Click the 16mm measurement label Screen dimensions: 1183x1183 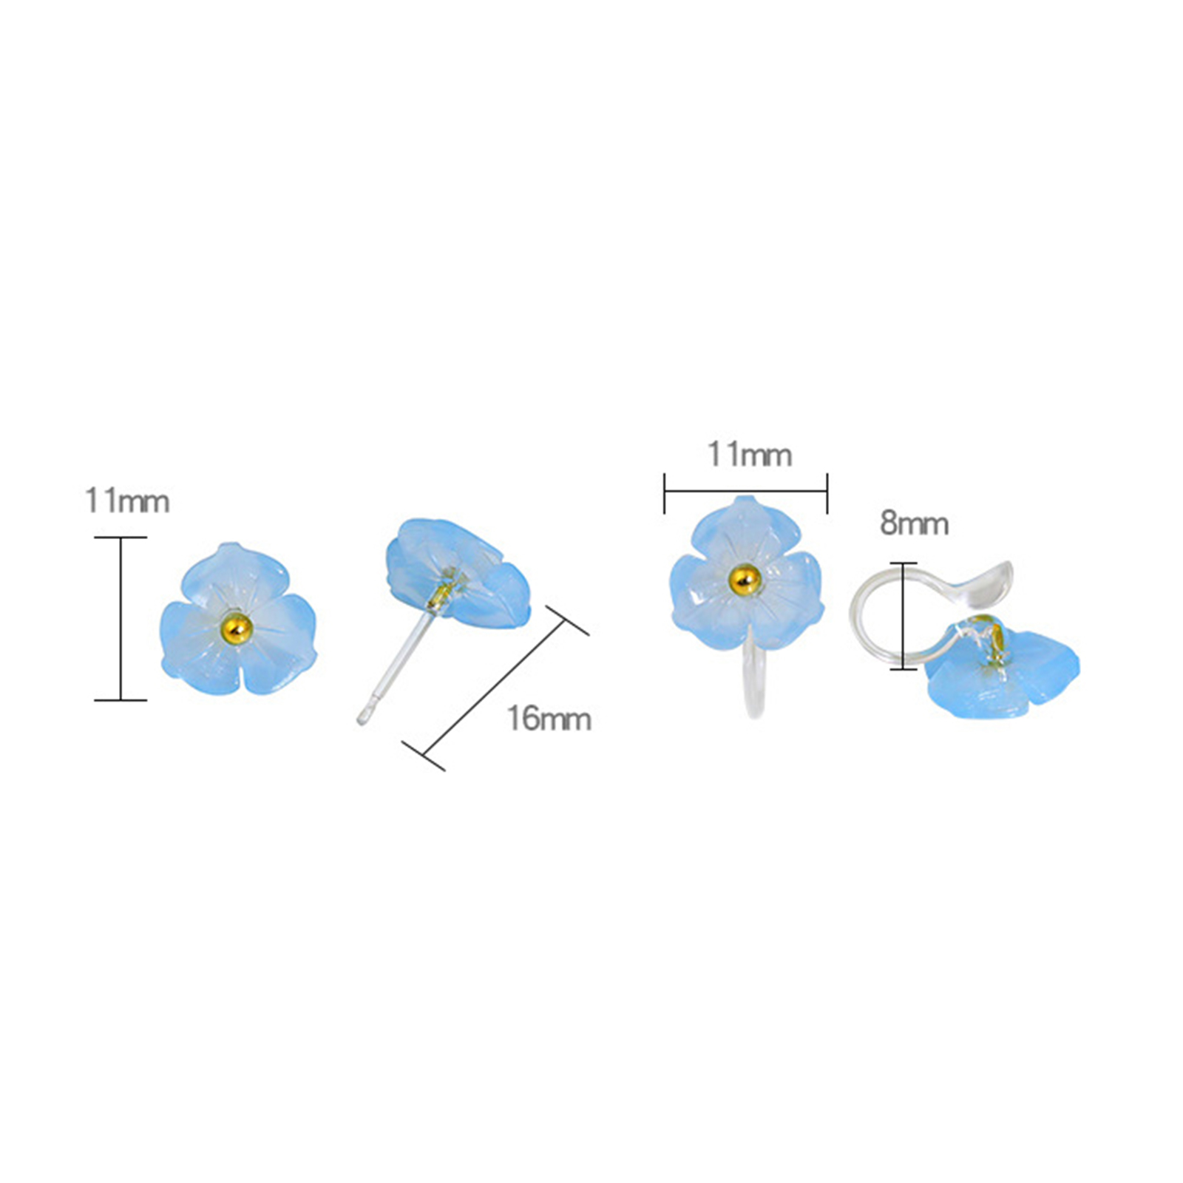[549, 719]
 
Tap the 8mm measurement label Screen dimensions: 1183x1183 [914, 524]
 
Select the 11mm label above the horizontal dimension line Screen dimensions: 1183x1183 [750, 454]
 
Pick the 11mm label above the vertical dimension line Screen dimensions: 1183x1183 [127, 501]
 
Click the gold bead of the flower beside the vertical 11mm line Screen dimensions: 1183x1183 [237, 628]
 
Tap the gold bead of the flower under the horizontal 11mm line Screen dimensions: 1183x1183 [745, 579]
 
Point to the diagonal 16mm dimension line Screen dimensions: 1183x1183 [495, 688]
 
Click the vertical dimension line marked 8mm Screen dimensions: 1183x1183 [904, 616]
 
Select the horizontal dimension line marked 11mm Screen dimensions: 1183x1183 [745, 491]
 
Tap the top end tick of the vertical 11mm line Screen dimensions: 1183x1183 [121, 538]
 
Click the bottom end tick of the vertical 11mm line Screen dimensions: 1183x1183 [121, 699]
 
